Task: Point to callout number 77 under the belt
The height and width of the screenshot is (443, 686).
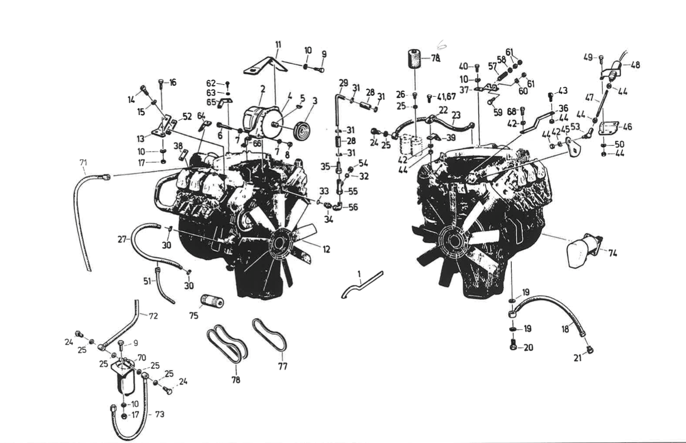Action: (x=283, y=366)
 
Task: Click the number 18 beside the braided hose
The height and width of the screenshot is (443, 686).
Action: (x=565, y=329)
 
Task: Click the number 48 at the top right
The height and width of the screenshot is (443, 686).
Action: (x=635, y=64)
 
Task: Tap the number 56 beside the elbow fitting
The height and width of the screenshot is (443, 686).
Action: (x=353, y=207)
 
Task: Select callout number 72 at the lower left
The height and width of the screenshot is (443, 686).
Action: (x=153, y=316)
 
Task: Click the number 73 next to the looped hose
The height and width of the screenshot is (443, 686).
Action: (x=159, y=414)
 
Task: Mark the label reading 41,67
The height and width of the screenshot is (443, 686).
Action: (x=446, y=97)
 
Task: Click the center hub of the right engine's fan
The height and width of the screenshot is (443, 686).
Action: (x=454, y=240)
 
